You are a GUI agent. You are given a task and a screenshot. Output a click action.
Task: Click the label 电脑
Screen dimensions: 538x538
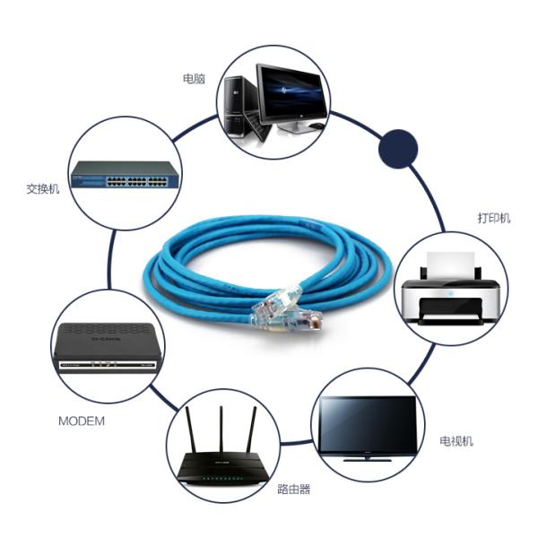194,79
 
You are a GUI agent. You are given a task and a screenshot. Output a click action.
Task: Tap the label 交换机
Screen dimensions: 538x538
43,189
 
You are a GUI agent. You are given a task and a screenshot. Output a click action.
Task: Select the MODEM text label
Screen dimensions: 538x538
82,420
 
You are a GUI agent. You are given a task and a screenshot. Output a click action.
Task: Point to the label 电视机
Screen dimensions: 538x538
456,441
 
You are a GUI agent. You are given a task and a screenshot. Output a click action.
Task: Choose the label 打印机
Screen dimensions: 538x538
493,218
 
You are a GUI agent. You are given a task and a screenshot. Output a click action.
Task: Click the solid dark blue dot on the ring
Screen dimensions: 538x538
397,150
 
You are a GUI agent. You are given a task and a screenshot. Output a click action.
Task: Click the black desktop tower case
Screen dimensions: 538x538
237,103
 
